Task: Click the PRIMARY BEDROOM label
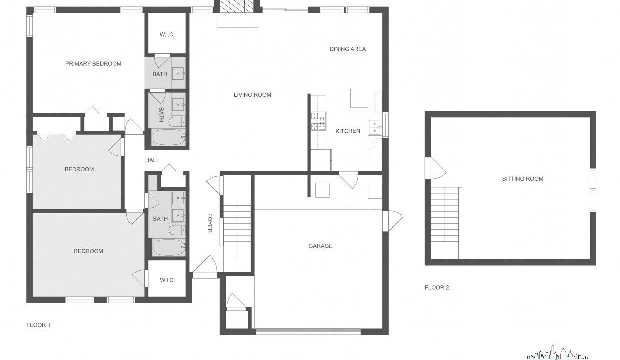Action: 93,64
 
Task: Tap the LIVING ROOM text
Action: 252,95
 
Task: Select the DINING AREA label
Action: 348,49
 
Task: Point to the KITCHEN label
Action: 348,131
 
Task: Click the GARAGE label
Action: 321,246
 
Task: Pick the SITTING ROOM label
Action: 523,179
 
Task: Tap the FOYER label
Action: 210,223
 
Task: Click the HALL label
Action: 152,160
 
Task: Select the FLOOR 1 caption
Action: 38,325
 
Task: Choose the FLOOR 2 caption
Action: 437,287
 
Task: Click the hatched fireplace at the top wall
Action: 237,6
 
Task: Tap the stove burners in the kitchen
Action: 318,121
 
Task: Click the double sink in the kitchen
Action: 375,128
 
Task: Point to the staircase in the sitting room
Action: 446,223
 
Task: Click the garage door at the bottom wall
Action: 309,331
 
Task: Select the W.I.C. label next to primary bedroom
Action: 167,35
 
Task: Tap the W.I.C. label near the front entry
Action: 167,280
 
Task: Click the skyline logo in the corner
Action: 557,353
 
